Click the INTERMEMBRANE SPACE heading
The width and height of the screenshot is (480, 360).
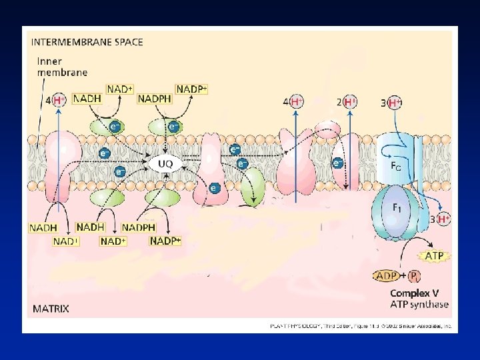tap(87, 41)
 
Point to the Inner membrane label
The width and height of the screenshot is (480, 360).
tap(62, 67)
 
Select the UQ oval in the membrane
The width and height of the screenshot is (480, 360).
tap(165, 163)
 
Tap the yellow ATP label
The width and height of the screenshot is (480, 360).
tap(434, 255)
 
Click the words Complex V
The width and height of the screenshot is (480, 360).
tap(414, 293)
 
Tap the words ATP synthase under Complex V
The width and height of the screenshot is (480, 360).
tap(419, 305)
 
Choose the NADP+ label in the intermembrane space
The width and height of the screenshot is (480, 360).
tap(192, 89)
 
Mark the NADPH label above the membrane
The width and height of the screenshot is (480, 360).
tap(154, 99)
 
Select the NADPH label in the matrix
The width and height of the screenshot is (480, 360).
tap(138, 227)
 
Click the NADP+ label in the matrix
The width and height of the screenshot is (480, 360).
tap(165, 241)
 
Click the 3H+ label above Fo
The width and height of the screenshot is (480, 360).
tap(392, 103)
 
